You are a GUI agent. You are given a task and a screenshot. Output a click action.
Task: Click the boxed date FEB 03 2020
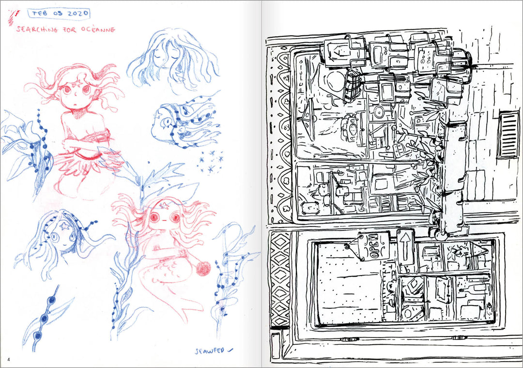tap(59, 14)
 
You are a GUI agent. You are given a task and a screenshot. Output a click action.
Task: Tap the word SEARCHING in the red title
tap(37, 30)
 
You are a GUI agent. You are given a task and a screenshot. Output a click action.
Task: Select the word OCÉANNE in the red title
tap(98, 30)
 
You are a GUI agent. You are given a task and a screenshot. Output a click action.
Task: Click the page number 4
tap(9, 359)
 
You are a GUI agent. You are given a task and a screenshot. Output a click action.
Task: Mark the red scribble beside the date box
tap(14, 17)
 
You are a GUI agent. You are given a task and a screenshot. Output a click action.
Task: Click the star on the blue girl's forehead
tap(64, 226)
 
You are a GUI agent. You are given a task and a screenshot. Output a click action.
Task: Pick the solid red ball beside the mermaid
tap(203, 269)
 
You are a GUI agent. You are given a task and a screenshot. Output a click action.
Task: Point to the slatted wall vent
tap(509, 135)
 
